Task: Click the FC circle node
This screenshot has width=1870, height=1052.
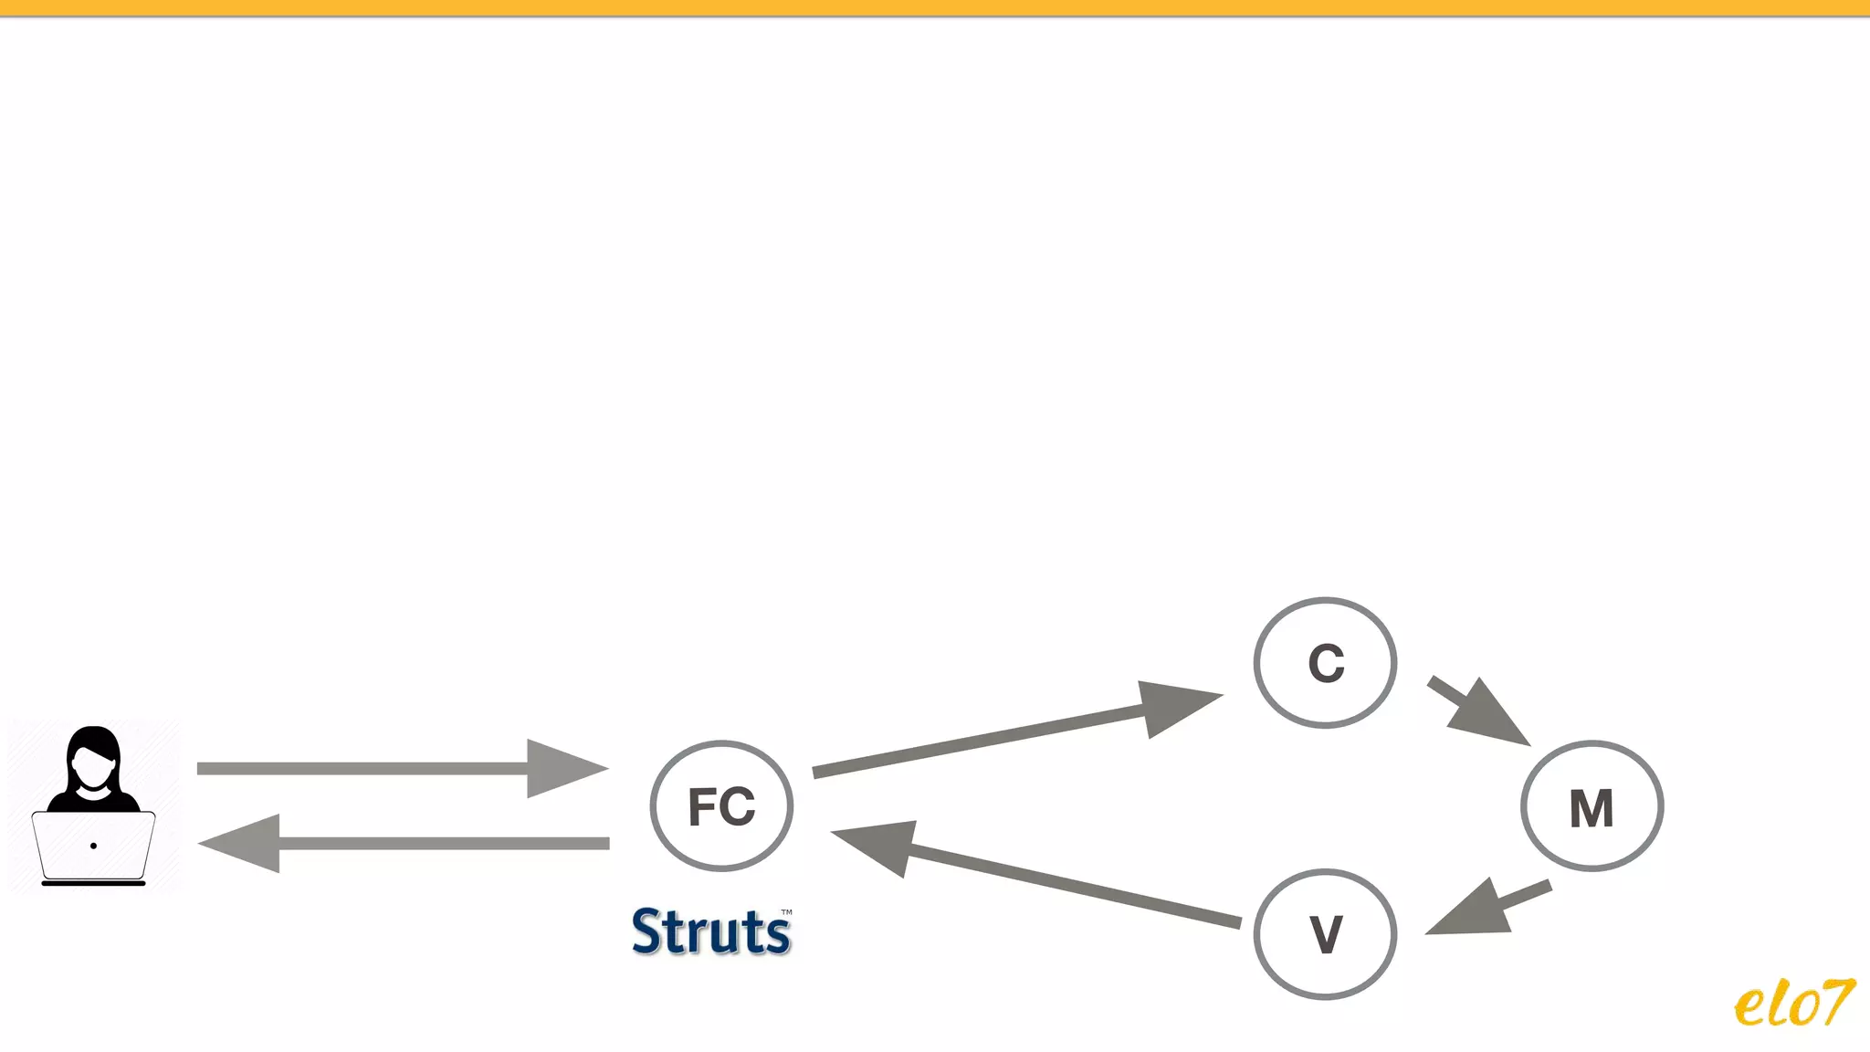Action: click(x=721, y=805)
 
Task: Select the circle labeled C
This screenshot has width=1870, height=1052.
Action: click(x=1325, y=663)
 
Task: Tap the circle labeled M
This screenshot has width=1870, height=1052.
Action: click(x=1592, y=806)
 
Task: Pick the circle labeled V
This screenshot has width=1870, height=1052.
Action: click(x=1325, y=934)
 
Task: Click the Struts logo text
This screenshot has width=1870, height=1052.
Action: click(x=710, y=932)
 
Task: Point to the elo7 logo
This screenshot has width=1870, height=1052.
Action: click(x=1793, y=1004)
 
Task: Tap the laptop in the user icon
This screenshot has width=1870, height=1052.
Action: click(x=93, y=847)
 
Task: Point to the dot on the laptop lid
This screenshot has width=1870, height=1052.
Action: click(x=93, y=846)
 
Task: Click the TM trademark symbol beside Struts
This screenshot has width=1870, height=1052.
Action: click(x=786, y=911)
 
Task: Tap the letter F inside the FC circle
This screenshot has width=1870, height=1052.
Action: click(x=702, y=807)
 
